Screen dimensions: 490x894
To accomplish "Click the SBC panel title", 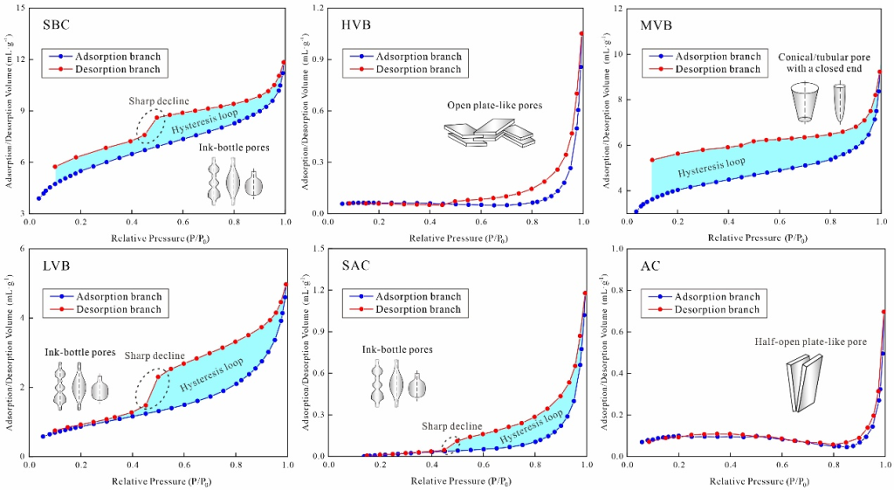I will point(57,24).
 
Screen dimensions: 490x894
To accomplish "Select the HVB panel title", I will point(355,24).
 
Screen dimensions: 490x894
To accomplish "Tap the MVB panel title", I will point(655,24).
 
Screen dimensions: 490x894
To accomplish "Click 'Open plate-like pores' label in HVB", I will point(495,106).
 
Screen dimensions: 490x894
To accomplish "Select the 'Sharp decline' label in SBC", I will point(159,101).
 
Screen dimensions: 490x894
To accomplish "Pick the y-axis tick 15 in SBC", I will point(19,9).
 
